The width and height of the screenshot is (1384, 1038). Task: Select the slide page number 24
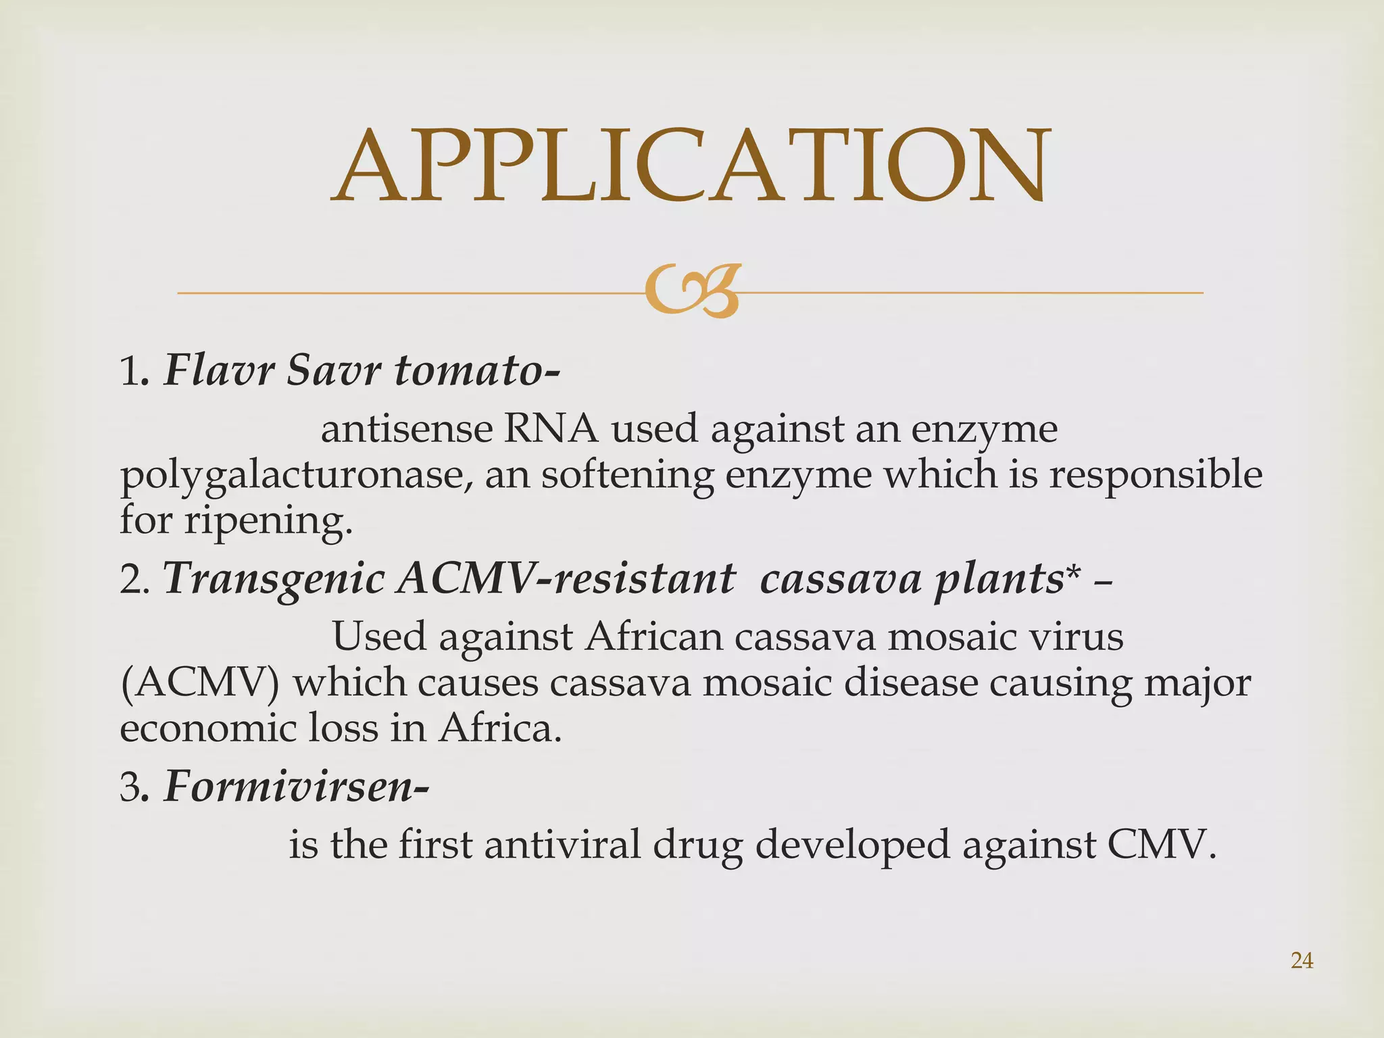coord(1302,960)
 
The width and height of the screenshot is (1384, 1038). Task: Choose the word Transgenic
coord(274,580)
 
